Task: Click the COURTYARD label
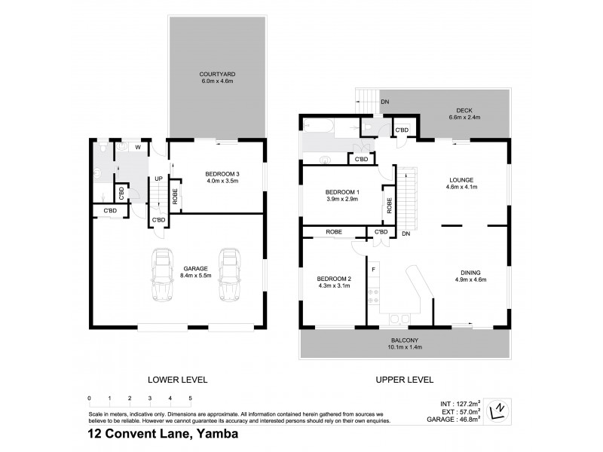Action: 217,74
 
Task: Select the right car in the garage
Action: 229,276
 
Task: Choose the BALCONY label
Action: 401,341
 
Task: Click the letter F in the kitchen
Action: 372,268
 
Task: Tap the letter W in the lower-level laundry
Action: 137,148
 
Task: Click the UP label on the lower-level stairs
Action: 158,179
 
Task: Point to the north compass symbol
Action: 498,411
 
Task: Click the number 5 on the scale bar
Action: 191,398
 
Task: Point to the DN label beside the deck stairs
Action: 384,101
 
